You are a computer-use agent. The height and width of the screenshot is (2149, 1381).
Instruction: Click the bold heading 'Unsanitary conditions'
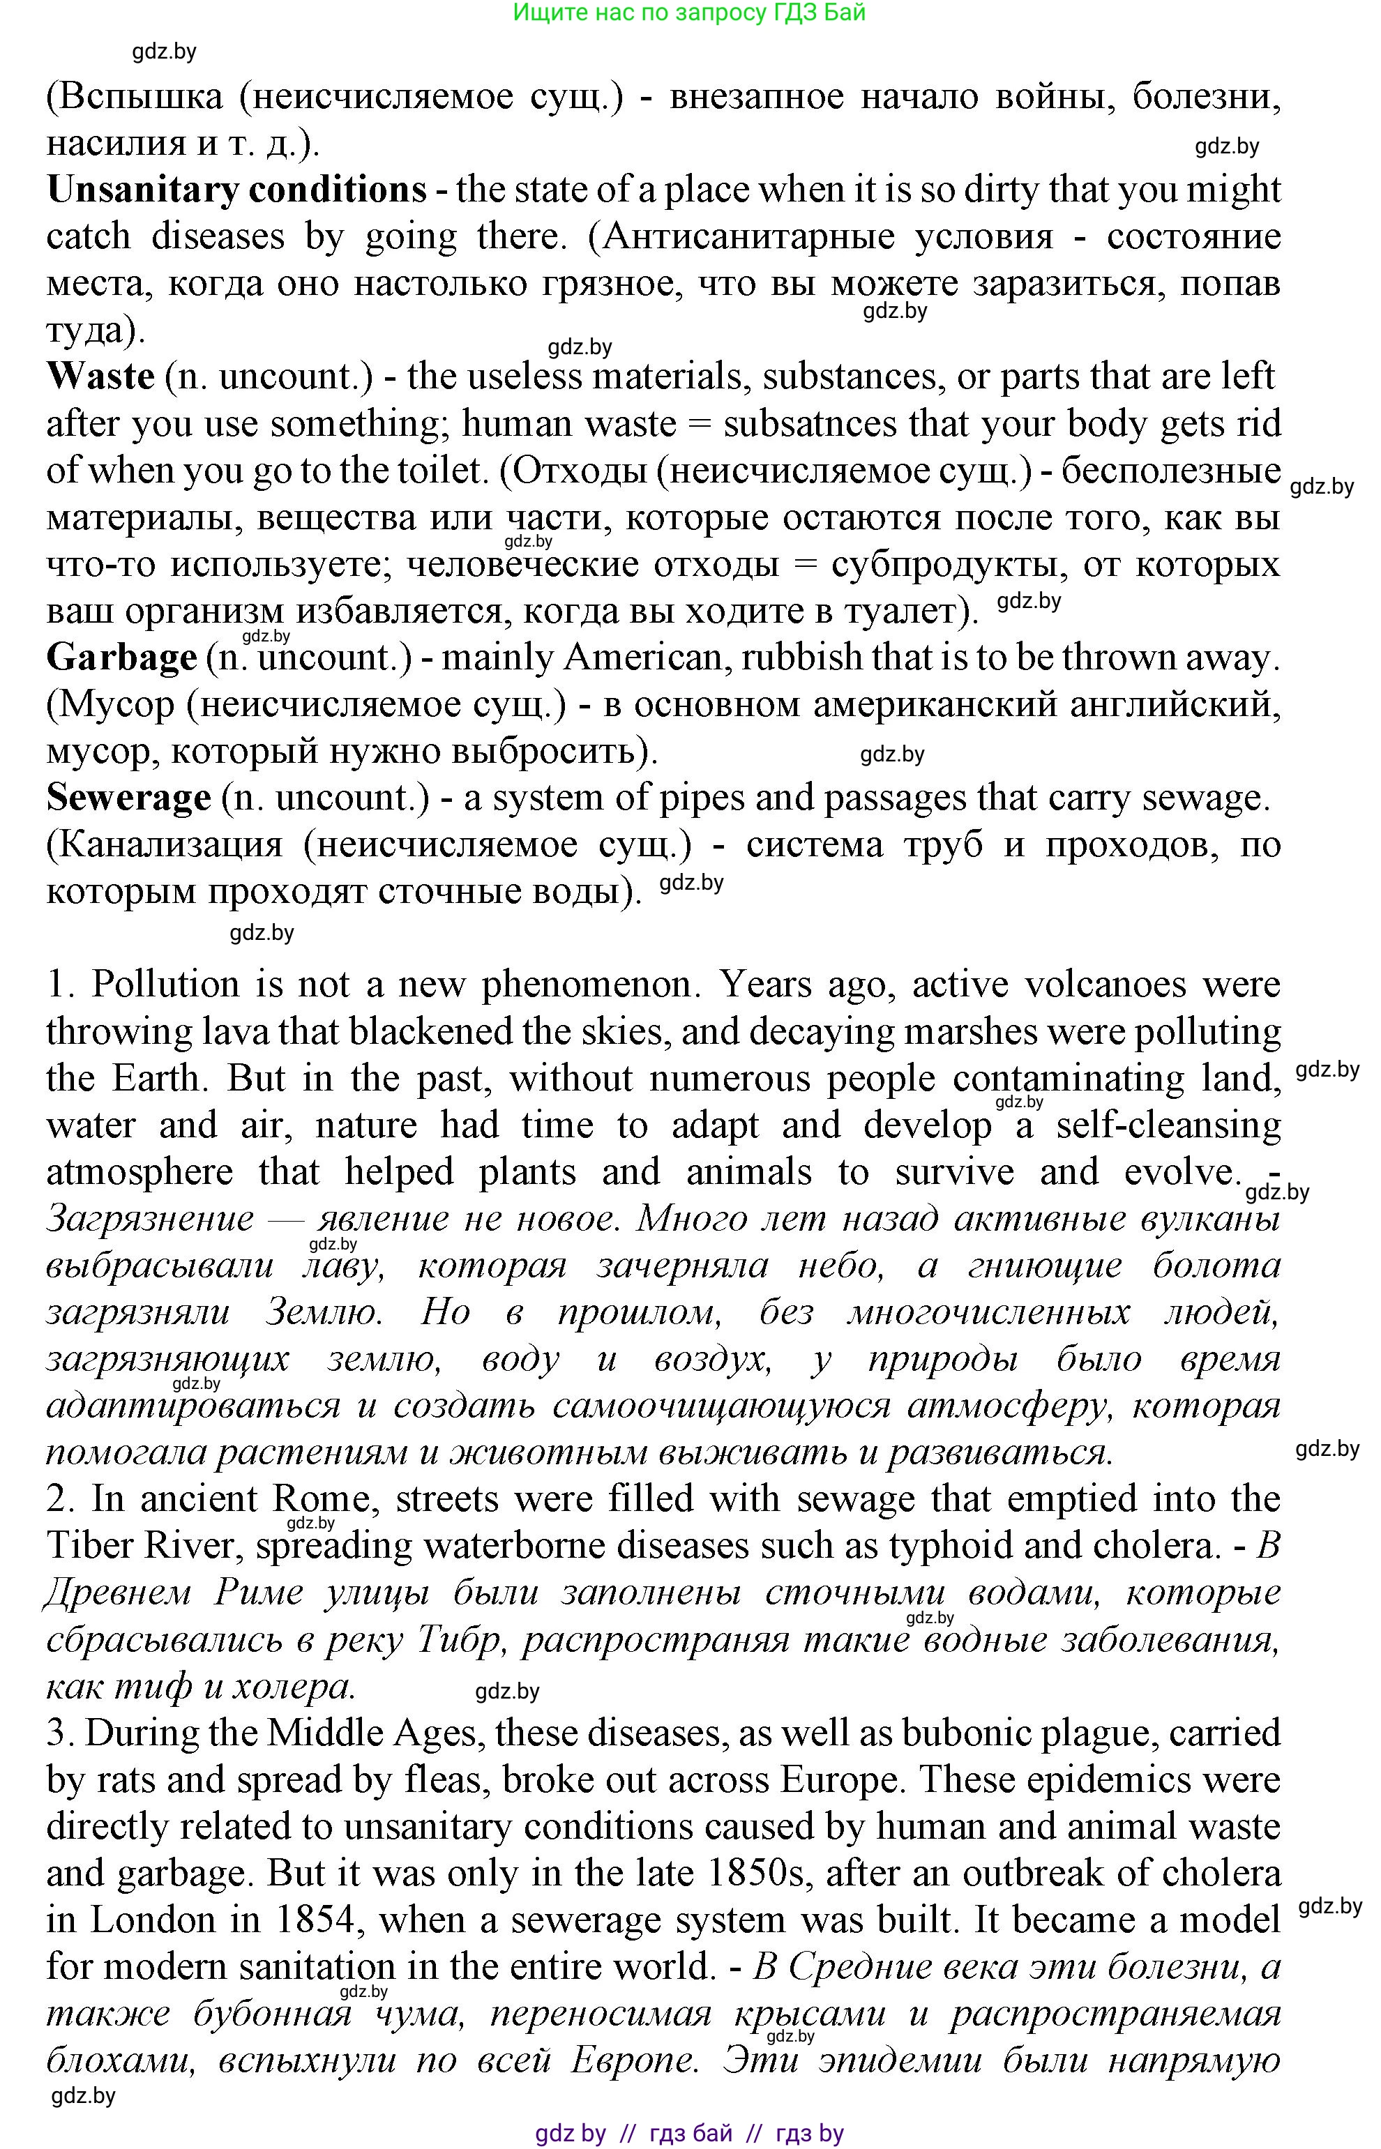tap(236, 190)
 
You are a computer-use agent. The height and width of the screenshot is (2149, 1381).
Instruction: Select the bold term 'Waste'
tap(100, 377)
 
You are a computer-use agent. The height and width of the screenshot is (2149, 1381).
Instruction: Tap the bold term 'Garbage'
tap(121, 658)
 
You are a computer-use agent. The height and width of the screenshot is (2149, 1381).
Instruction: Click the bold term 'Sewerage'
tap(128, 798)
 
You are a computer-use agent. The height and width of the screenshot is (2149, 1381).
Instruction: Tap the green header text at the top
tap(688, 13)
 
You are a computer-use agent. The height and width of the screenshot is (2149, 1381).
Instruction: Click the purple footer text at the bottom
tap(688, 2132)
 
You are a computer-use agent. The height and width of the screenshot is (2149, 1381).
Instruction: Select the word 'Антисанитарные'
tap(749, 236)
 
